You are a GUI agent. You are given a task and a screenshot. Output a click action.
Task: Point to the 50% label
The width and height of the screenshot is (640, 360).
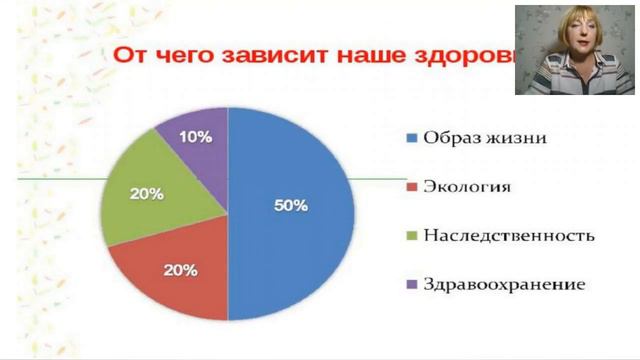pyautogui.click(x=291, y=205)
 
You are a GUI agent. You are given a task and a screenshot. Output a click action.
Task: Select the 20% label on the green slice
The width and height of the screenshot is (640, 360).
pyautogui.click(x=147, y=193)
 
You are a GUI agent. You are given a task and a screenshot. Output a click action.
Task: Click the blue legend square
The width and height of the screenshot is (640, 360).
pyautogui.click(x=411, y=138)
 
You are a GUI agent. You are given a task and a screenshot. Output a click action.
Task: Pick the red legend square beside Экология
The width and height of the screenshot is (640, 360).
pyautogui.click(x=411, y=187)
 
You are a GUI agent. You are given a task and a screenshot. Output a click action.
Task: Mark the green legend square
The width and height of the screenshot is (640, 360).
pyautogui.click(x=411, y=236)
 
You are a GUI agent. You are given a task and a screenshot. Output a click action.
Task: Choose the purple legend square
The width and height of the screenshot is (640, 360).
pyautogui.click(x=411, y=285)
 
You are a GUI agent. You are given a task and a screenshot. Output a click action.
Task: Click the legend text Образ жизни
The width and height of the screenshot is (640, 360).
pyautogui.click(x=484, y=138)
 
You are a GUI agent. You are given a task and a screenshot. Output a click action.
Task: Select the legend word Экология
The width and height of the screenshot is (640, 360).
pyautogui.click(x=467, y=187)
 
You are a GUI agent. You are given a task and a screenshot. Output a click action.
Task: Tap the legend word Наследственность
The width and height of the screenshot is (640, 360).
pyautogui.click(x=509, y=236)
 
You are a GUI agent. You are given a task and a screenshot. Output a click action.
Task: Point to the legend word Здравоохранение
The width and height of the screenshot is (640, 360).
pyautogui.click(x=503, y=285)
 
